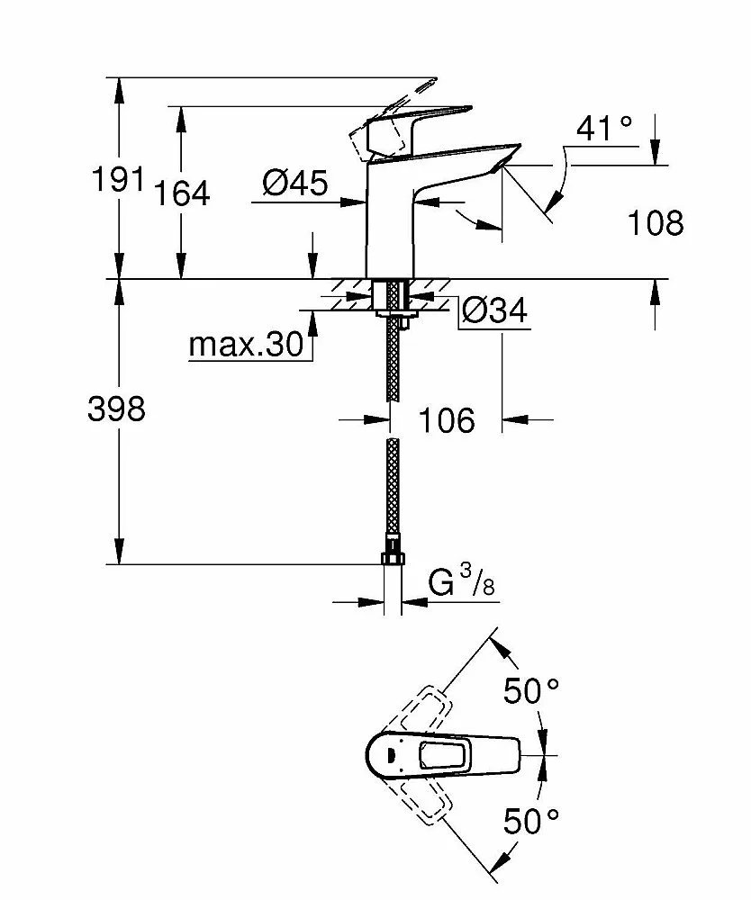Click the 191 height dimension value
click(118, 179)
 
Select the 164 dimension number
click(181, 192)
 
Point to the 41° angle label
click(604, 129)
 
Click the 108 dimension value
click(655, 222)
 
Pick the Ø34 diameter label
click(493, 310)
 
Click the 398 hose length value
click(116, 409)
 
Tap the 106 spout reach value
click(447, 419)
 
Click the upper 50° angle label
click(530, 691)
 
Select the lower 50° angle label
click(530, 820)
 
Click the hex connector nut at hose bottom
click(392, 557)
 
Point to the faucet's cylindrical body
click(389, 225)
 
